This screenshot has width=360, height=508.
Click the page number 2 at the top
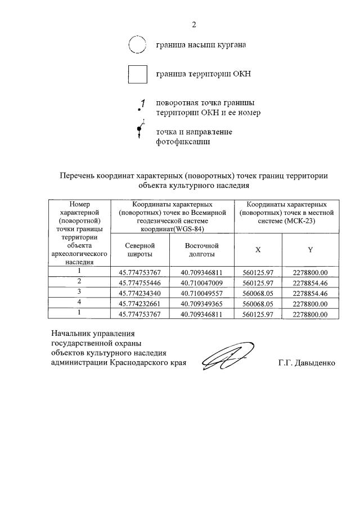[193, 24]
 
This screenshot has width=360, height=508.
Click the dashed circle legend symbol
[137, 44]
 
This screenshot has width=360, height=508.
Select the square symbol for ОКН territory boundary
[137, 74]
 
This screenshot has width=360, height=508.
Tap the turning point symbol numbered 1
[141, 105]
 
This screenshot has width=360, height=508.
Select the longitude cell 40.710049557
[201, 293]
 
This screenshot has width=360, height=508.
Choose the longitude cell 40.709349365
[201, 304]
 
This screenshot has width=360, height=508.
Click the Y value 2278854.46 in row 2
[310, 282]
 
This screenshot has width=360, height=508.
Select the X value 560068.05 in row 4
[258, 304]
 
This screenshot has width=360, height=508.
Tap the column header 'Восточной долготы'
[201, 250]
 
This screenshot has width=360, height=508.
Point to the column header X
[258, 250]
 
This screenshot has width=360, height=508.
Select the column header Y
[310, 250]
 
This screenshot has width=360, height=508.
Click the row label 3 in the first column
[79, 293]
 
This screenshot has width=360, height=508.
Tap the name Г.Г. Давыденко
[306, 363]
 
